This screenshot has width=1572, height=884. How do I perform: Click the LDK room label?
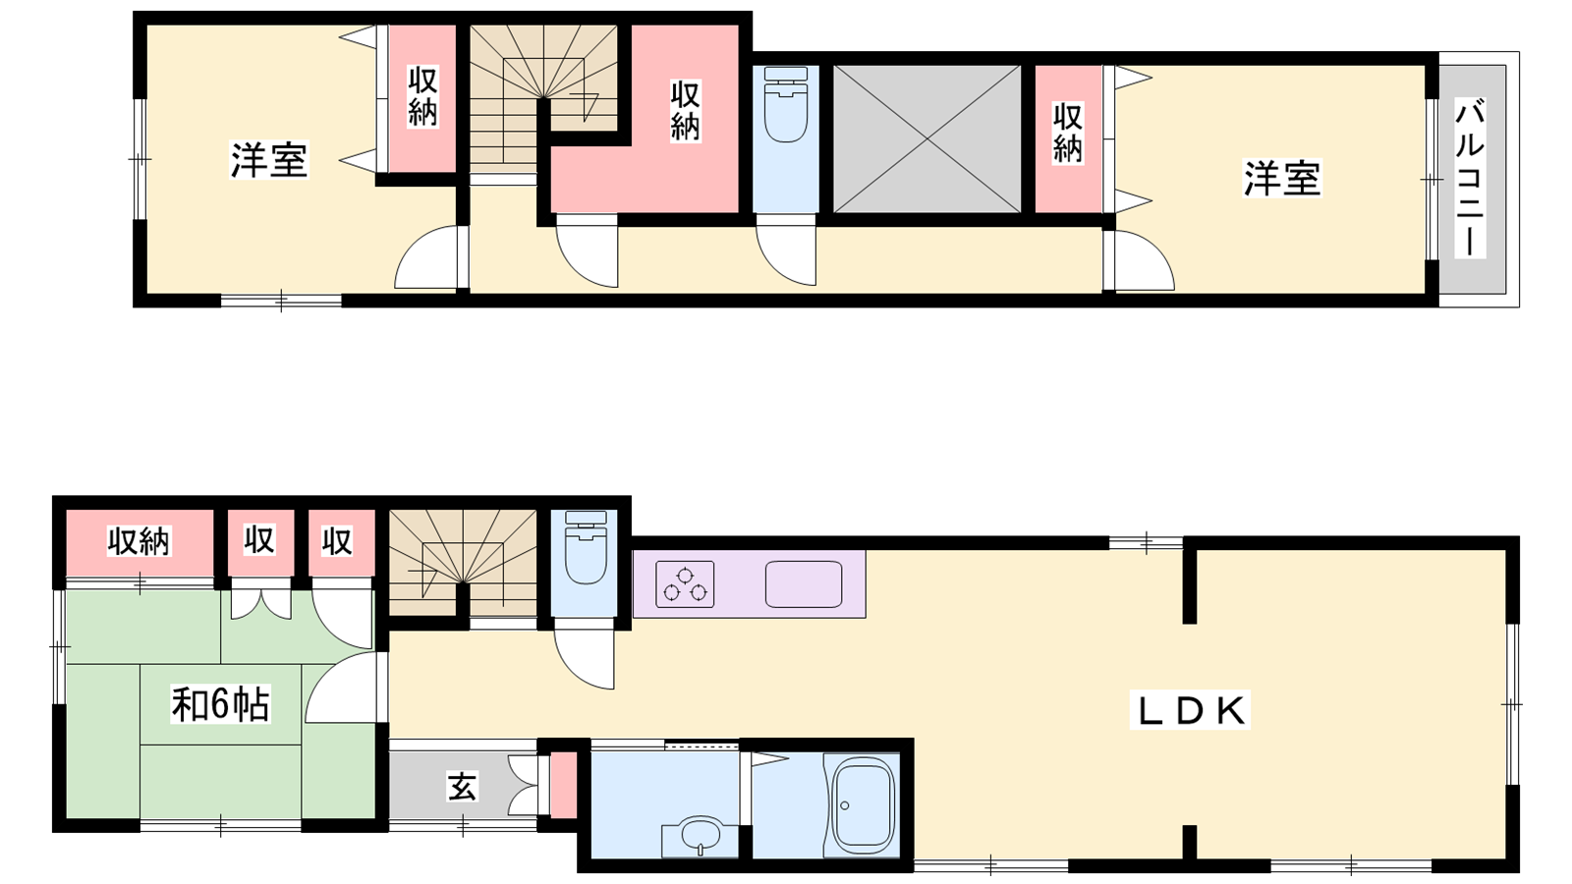click(1190, 710)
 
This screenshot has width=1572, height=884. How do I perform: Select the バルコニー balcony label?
click(1470, 179)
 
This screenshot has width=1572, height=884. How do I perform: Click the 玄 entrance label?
click(462, 786)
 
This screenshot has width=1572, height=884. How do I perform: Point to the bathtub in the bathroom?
click(862, 804)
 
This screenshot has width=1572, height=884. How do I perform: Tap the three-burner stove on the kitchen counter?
click(685, 583)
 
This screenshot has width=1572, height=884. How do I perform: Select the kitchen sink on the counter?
click(803, 583)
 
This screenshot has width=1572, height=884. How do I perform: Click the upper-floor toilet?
click(785, 104)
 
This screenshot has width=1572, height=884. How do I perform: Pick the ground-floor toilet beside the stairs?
click(586, 547)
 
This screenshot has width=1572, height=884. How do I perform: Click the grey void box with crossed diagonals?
click(926, 138)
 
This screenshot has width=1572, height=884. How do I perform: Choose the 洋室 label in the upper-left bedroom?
click(269, 160)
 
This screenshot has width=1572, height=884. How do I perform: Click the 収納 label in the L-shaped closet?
click(685, 111)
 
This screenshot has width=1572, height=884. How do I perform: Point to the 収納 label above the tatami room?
click(139, 541)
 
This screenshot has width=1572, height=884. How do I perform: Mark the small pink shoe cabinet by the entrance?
click(564, 785)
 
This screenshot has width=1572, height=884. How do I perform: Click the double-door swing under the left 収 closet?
click(261, 604)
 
